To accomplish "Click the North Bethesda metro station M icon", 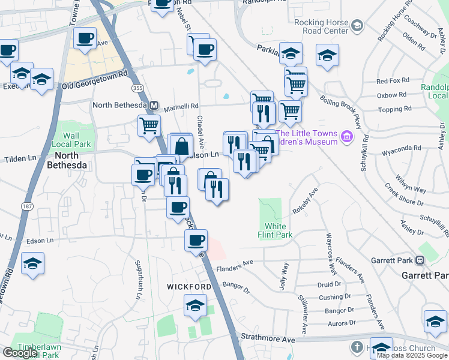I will (154, 105).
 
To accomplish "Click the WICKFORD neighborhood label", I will (188, 287).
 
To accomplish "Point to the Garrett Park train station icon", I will (420, 260).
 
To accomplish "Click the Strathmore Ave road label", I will (268, 340).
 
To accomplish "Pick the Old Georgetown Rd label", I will (95, 80).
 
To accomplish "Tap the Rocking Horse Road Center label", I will (322, 26).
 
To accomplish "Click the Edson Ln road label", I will (40, 241).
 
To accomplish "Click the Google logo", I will (20, 353).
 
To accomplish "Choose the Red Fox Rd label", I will (392, 80).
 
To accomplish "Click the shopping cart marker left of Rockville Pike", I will (148, 125).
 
